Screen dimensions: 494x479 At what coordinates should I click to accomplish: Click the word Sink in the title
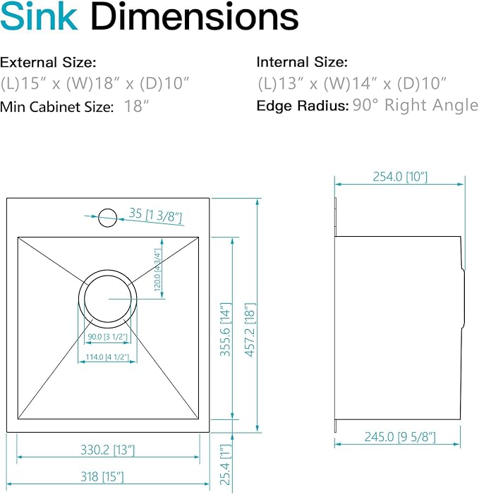tap(39, 18)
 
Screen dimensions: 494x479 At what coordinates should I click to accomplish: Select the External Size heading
tap(49, 62)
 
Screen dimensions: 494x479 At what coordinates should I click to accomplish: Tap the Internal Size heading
tap(302, 62)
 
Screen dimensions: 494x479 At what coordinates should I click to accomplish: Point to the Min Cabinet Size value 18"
tap(137, 107)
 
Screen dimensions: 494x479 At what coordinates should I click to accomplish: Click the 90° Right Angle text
tap(416, 106)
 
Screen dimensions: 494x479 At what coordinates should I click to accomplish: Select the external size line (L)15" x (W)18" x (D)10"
tap(95, 84)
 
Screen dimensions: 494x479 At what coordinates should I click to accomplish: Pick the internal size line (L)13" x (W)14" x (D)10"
tap(352, 84)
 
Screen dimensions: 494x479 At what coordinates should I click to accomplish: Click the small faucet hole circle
tap(107, 216)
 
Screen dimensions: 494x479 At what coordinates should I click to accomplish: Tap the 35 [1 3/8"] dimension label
tap(155, 214)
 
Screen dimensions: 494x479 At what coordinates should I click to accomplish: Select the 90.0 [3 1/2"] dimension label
tap(108, 337)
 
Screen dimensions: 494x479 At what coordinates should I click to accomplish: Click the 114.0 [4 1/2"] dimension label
tap(108, 358)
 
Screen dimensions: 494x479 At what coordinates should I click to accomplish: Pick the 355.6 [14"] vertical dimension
tap(225, 330)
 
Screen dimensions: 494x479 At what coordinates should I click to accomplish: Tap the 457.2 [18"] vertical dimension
tap(249, 330)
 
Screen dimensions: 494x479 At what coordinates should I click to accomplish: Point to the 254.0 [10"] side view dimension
tap(400, 177)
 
